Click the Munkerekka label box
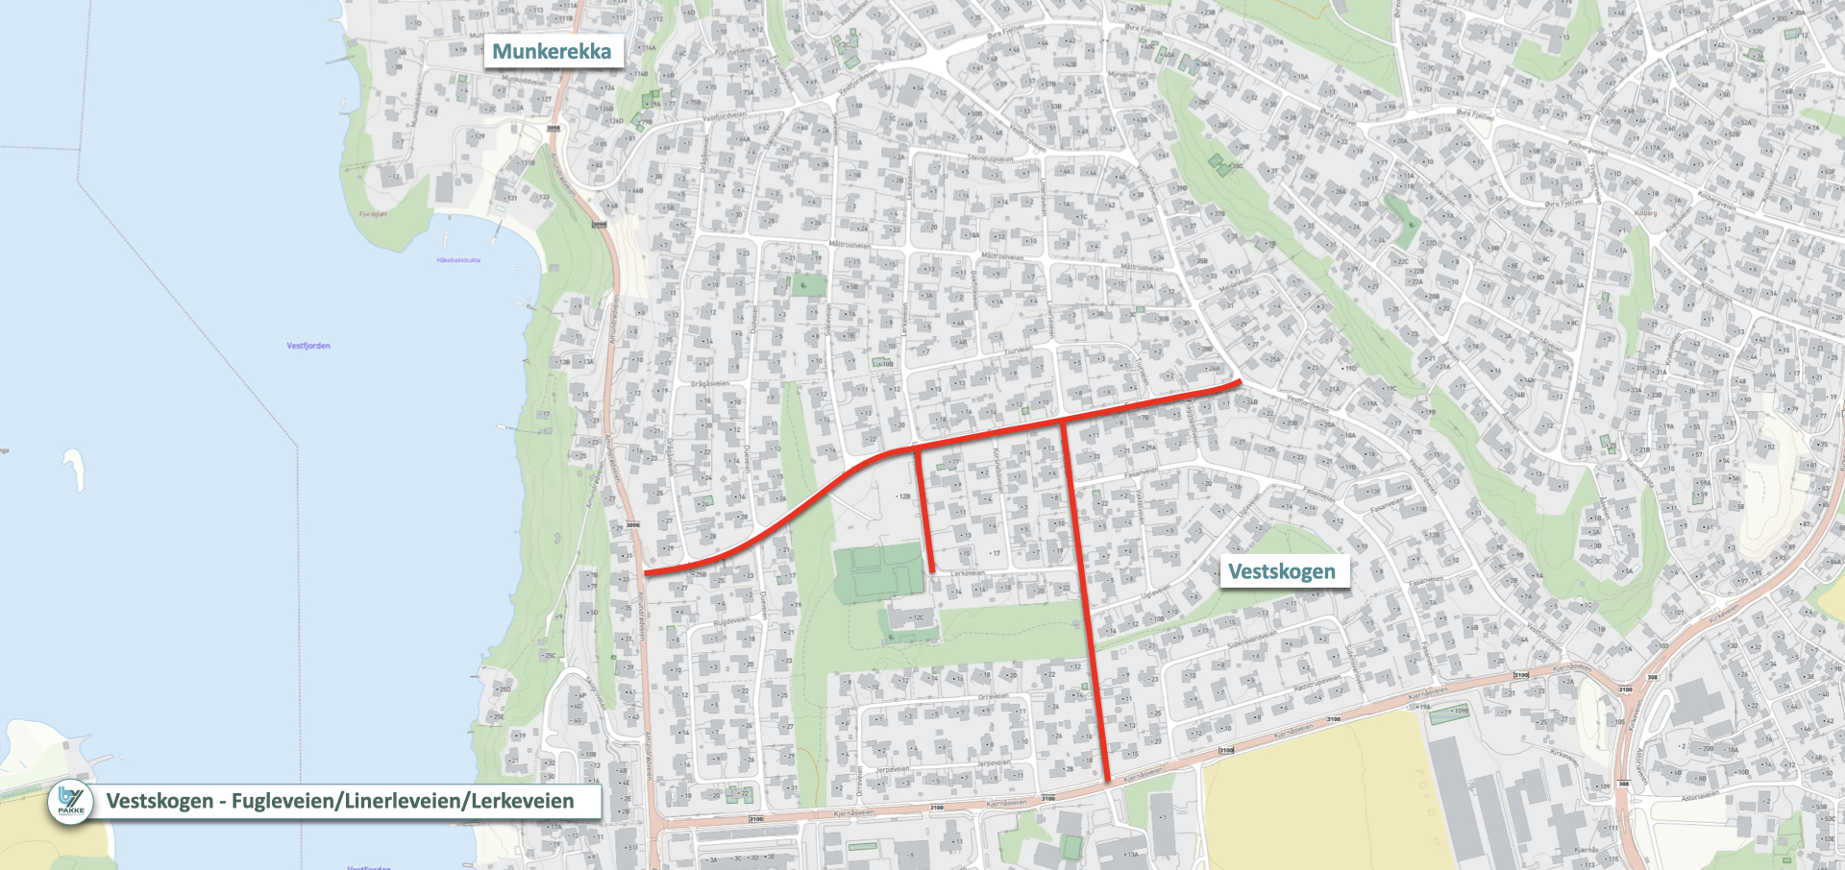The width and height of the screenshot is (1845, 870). pos(552,51)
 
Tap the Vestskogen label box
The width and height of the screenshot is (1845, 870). pos(1281,571)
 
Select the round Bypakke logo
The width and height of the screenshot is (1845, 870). pos(71,801)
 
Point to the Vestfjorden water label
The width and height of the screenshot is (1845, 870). pos(307,346)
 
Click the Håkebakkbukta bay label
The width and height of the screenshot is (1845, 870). pos(458,260)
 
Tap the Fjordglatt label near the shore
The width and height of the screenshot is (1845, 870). pos(373,214)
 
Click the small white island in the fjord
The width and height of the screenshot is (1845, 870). pos(75,470)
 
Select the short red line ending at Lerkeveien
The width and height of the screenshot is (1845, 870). pos(925,514)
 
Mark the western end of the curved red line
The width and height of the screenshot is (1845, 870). pos(648,573)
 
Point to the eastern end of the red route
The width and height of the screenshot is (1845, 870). pos(1238,382)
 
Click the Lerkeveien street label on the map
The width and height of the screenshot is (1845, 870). pos(968,573)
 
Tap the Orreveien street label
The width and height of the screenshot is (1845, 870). pos(994,696)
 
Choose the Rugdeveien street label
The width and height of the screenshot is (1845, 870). pos(730,621)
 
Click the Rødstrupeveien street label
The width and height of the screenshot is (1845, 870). pos(1316,683)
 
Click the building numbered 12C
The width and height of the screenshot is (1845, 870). pos(908,616)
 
